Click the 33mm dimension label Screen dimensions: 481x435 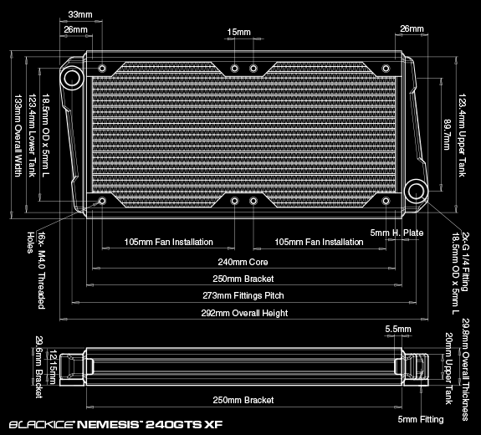click(80, 14)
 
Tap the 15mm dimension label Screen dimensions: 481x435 click(239, 33)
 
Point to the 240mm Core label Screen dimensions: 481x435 click(243, 263)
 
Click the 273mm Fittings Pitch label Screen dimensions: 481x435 click(243, 296)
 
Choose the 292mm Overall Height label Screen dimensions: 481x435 click(244, 313)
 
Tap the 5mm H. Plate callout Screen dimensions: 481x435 click(397, 233)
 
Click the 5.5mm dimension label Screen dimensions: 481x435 click(398, 329)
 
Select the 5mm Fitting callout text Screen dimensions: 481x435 click(421, 419)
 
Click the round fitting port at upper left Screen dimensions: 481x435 click(73, 77)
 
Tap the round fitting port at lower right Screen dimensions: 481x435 click(417, 191)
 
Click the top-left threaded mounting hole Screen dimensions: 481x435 click(102, 68)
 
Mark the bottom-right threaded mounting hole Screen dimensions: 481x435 click(386, 201)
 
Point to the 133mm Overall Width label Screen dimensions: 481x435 click(18, 136)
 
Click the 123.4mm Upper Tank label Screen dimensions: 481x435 click(462, 135)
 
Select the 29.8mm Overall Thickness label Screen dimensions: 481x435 click(465, 370)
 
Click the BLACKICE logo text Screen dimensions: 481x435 click(42, 425)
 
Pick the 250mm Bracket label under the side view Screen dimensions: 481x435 click(243, 400)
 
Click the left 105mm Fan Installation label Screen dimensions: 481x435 click(168, 242)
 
